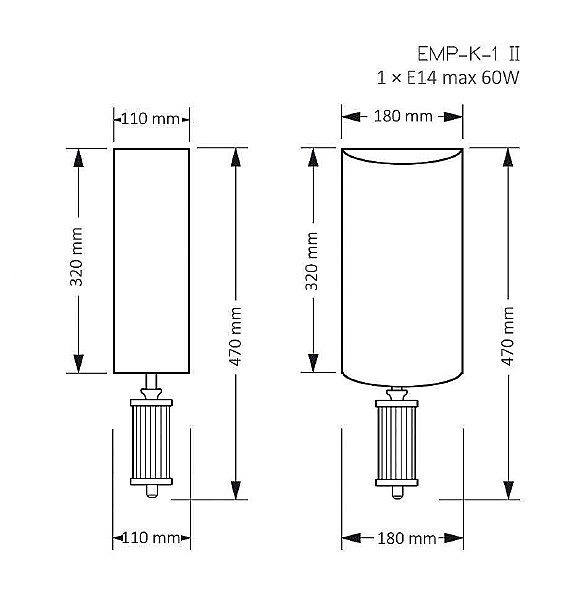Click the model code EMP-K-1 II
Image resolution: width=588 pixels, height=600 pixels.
tap(468, 54)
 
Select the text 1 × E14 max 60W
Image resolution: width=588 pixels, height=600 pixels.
tap(448, 78)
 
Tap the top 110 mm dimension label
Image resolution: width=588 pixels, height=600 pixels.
tap(150, 119)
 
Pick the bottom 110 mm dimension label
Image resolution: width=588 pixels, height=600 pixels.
tap(151, 538)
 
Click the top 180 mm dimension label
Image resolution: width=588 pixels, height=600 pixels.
tap(403, 116)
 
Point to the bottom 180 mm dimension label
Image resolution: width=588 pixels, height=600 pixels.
tap(407, 538)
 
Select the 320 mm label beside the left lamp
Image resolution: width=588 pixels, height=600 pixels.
tap(76, 257)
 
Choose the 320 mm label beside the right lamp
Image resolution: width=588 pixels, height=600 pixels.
tap(311, 261)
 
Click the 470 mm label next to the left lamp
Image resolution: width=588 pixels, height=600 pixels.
tap(235, 336)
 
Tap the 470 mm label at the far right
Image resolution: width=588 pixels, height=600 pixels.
tap(507, 336)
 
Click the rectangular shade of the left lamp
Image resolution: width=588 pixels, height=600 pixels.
tap(151, 261)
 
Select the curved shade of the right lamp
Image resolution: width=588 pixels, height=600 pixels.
tap(402, 267)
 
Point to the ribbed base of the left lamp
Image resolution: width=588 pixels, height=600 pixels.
tap(151, 442)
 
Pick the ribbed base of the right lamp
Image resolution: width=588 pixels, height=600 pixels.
tap(397, 443)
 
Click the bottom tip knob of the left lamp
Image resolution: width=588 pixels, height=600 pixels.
tap(151, 491)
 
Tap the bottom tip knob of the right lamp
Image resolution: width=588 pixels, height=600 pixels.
tap(397, 492)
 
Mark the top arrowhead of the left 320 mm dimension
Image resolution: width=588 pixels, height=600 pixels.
tap(78, 158)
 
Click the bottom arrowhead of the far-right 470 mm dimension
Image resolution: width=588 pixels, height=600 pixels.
tap(508, 490)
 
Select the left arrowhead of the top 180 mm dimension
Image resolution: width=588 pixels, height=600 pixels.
tap(351, 116)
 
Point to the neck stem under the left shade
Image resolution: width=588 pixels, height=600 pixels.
tap(151, 381)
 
